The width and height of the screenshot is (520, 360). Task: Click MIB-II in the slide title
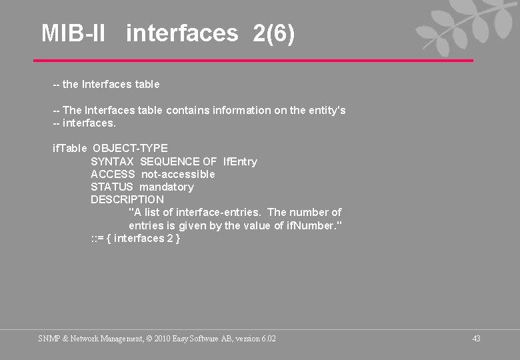(x=73, y=33)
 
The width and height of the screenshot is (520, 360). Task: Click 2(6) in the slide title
(x=273, y=33)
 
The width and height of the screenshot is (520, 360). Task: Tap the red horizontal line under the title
(x=253, y=61)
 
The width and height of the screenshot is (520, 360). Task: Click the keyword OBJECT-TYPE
(x=130, y=148)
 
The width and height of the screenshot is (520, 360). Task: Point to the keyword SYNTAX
(x=112, y=161)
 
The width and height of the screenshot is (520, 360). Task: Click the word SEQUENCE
(x=169, y=161)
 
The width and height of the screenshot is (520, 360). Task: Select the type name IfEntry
(x=240, y=161)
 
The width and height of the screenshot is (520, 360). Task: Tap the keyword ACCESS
(x=113, y=174)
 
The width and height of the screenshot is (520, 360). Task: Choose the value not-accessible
(x=178, y=174)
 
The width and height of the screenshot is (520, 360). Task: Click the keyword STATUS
(x=111, y=187)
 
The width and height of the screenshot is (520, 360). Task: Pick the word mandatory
(x=167, y=187)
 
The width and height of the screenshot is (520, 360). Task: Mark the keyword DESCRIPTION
(x=127, y=199)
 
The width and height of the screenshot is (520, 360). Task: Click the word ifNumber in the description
(x=312, y=225)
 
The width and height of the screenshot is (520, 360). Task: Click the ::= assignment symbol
(x=97, y=239)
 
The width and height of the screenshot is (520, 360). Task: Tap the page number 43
(x=476, y=339)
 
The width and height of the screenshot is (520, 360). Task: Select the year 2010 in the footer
(x=163, y=339)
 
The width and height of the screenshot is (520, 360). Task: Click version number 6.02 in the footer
(x=269, y=339)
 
